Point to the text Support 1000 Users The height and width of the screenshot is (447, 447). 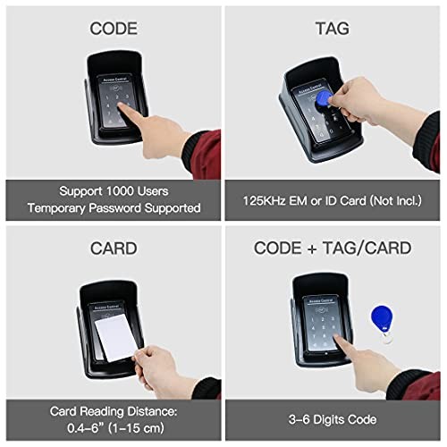112,190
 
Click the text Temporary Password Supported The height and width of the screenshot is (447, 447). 112,207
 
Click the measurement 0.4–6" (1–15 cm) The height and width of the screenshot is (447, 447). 112,427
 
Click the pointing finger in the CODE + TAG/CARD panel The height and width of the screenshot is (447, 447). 344,343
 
